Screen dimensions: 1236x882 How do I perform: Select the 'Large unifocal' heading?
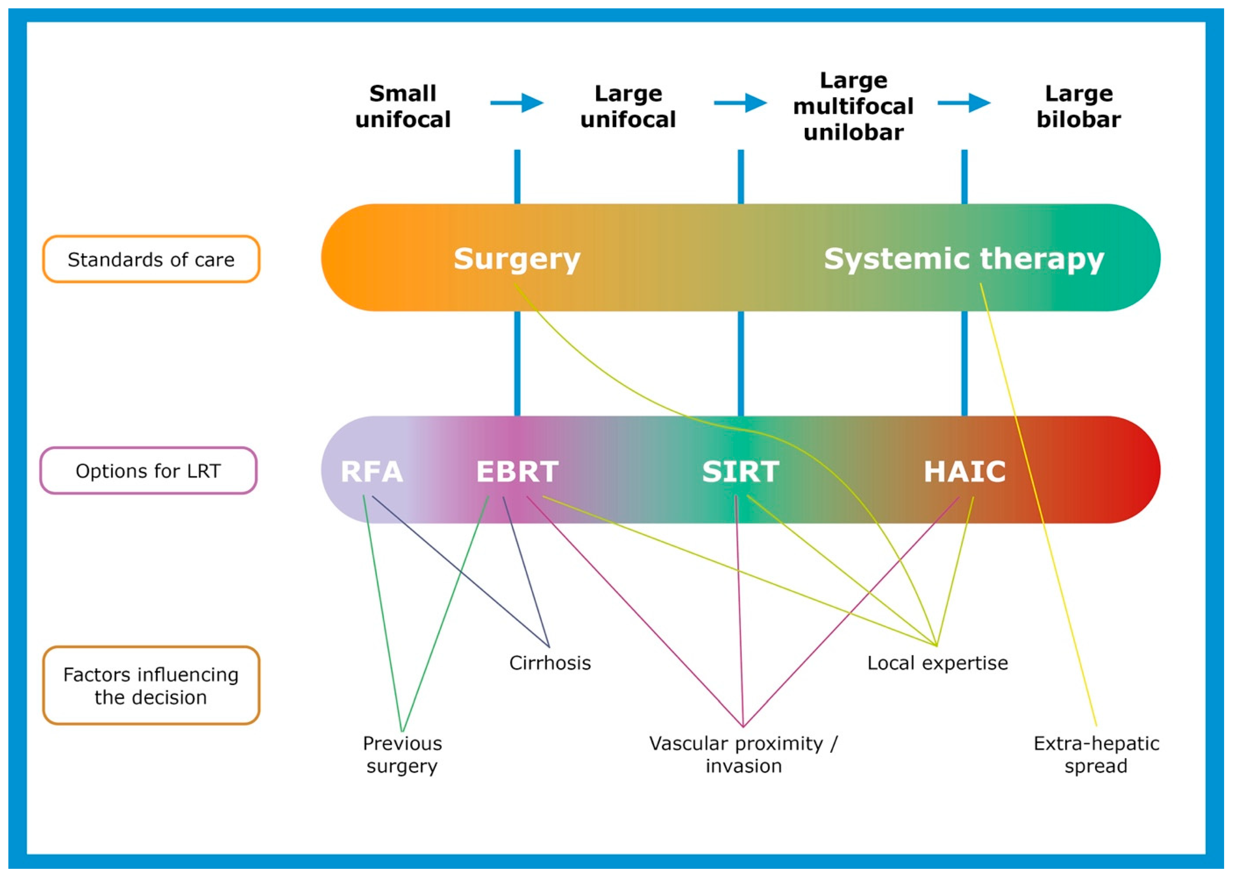(628, 106)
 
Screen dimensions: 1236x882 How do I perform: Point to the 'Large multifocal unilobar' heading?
(853, 106)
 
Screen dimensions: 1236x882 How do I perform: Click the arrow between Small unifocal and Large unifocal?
(517, 103)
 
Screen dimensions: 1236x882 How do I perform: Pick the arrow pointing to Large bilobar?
(964, 103)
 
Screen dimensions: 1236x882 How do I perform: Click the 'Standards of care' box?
(151, 259)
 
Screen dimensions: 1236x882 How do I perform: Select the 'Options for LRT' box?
(148, 470)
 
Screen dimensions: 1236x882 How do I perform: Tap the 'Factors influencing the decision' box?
(151, 685)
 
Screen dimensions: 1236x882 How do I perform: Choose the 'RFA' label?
(372, 472)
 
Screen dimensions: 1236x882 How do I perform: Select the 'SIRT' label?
(741, 472)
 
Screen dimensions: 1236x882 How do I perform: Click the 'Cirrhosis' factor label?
(550, 662)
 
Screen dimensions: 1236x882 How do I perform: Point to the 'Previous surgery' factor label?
(402, 755)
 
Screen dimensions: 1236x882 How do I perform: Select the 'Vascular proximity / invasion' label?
(743, 755)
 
